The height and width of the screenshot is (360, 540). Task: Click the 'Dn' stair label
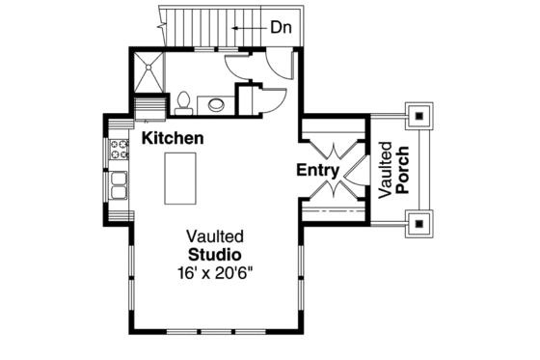pyautogui.click(x=282, y=29)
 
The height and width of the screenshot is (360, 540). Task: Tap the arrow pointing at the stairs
pyautogui.click(x=248, y=30)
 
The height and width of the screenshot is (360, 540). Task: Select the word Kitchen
pyautogui.click(x=173, y=138)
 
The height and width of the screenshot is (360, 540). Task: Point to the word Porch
pyautogui.click(x=403, y=171)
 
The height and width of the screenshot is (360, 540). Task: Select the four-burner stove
pyautogui.click(x=120, y=150)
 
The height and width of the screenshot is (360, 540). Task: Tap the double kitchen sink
pyautogui.click(x=120, y=183)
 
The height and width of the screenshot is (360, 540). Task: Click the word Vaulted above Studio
pyautogui.click(x=215, y=235)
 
